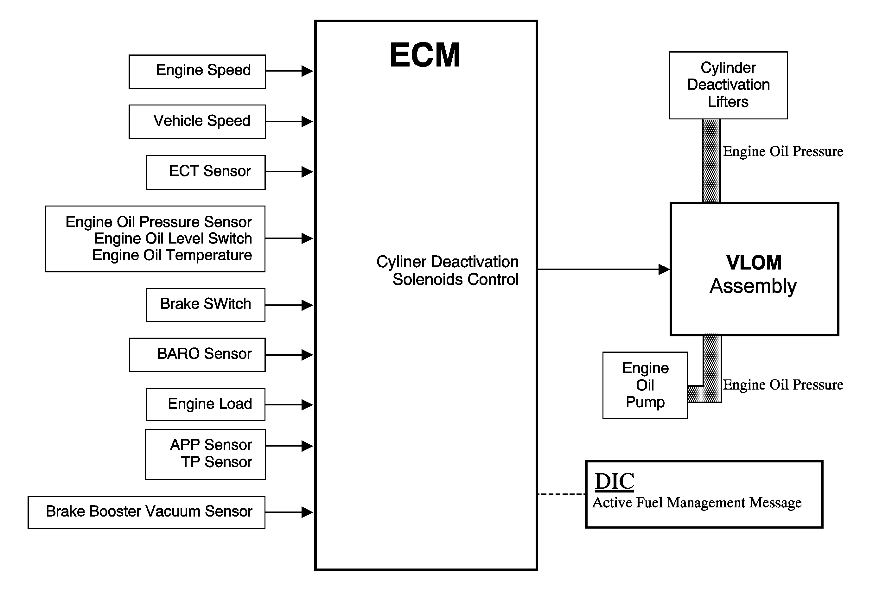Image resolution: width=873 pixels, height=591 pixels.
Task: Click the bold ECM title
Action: point(425,55)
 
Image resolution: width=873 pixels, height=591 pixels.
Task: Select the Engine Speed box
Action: point(197,72)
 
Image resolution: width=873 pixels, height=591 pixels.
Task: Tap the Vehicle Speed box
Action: point(197,122)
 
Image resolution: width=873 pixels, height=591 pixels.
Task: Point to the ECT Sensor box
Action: point(206,172)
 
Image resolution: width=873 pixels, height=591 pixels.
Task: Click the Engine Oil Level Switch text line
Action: point(173,238)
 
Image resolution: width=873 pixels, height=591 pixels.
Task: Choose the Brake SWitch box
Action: point(206,305)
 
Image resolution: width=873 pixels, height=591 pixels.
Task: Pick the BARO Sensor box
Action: point(197,355)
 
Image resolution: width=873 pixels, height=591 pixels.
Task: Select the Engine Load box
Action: point(206,404)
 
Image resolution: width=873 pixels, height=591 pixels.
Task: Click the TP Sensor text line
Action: point(216,462)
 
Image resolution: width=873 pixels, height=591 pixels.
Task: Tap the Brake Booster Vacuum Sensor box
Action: point(146,512)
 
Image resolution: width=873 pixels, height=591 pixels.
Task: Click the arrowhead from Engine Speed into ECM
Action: point(307,71)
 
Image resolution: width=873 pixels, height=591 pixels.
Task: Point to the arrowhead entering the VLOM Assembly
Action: point(664,269)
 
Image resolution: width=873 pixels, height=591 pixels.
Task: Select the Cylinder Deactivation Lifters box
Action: point(728,86)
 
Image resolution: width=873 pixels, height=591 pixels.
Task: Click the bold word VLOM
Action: point(754,263)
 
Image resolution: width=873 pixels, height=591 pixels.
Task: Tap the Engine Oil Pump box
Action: point(645,385)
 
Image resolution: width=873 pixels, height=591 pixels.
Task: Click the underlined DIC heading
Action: point(615,481)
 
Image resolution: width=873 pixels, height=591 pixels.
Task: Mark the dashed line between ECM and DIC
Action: point(562,494)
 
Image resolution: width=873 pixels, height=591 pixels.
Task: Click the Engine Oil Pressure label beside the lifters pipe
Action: point(783,152)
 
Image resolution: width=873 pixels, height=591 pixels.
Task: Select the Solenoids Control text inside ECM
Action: point(455,279)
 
